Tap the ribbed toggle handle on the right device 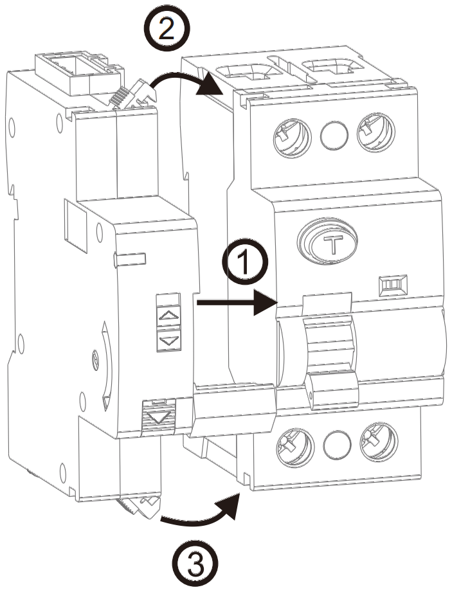point(329,347)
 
